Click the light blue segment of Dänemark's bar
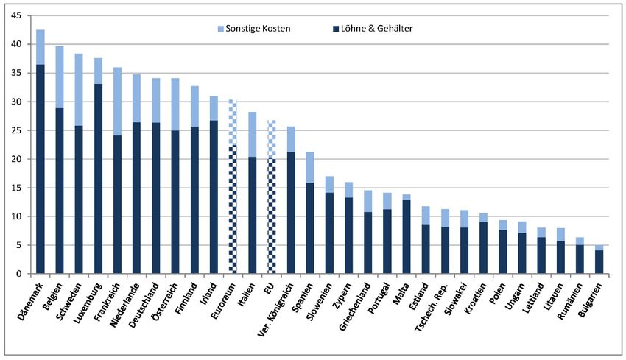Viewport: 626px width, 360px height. (x=41, y=47)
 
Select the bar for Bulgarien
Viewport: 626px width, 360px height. (x=599, y=261)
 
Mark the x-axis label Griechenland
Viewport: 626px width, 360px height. (x=352, y=303)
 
